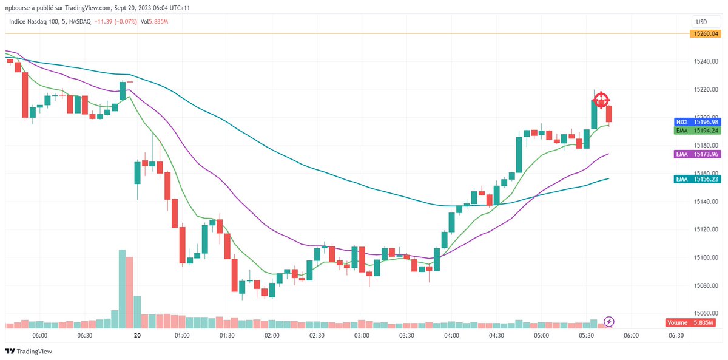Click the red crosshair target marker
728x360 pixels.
601,100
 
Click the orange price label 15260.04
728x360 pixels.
704,33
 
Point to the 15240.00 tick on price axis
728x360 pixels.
706,61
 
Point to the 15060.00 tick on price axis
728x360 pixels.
706,314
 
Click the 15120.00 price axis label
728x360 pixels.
706,229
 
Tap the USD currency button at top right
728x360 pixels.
701,21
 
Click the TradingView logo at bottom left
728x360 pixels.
29,352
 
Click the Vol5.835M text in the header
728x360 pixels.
154,22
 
